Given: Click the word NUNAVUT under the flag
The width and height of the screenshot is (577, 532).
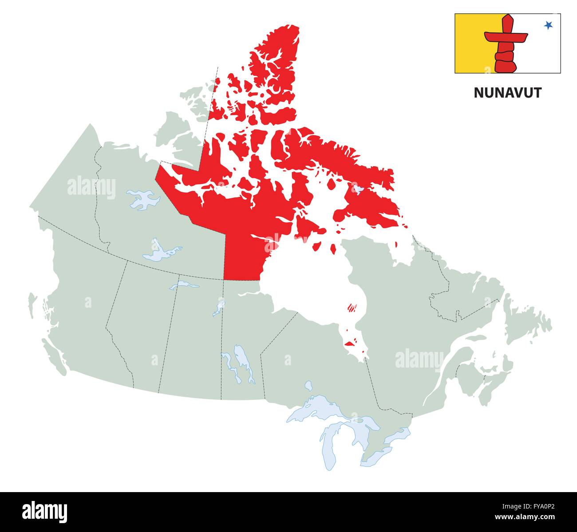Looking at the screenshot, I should (508, 93).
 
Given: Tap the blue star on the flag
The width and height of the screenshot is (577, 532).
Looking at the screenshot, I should (549, 25).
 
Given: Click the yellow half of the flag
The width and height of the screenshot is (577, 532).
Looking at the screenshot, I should (470, 43).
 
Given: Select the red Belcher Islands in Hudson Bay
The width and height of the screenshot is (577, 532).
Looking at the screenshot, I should (352, 307).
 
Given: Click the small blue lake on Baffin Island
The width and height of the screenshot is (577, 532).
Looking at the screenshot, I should (358, 190).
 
